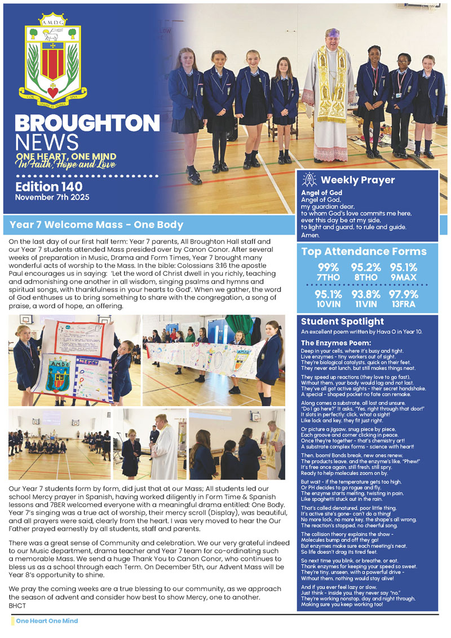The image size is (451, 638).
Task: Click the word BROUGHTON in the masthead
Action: click(87, 124)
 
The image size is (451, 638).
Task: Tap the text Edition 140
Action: click(49, 186)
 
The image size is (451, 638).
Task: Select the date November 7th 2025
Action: click(52, 197)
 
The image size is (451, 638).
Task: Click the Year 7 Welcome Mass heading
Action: click(96, 225)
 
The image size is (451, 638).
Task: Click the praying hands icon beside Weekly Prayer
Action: click(309, 180)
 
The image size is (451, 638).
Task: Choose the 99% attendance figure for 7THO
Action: click(328, 267)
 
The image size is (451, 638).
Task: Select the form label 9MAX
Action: click(404, 278)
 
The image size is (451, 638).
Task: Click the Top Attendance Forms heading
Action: click(364, 252)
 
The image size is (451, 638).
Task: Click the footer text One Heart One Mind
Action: click(47, 621)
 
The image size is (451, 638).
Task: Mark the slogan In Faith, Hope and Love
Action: click(66, 165)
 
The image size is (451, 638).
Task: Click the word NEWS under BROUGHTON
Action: click(46, 142)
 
